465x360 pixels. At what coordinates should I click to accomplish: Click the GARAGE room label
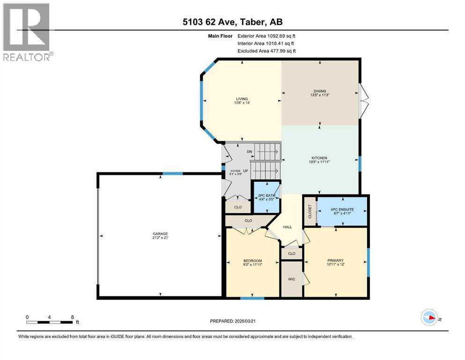[x=159, y=233]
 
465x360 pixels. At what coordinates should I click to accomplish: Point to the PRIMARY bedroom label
[x=335, y=260]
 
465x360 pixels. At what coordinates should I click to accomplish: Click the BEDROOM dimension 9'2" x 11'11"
[x=252, y=265]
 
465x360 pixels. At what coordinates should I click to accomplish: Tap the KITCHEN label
[x=320, y=158]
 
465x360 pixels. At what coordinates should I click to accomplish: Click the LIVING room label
[x=242, y=98]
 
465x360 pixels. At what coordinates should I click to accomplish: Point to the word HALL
[x=288, y=227]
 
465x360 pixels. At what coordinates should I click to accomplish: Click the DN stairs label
[x=250, y=151]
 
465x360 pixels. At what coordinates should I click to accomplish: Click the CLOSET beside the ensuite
[x=310, y=211]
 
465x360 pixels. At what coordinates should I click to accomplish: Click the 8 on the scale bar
[x=72, y=317]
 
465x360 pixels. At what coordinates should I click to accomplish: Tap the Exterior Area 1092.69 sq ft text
[x=266, y=36]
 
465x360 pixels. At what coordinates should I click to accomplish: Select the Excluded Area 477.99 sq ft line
[x=266, y=51]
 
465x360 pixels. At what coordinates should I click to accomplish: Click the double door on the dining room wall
[x=364, y=100]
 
